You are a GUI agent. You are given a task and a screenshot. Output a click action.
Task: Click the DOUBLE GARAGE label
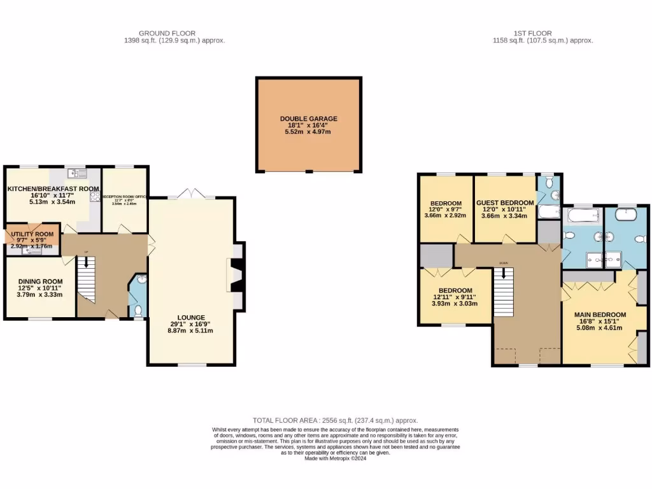tap(309, 118)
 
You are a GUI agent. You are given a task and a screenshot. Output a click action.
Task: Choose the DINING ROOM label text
tap(40, 281)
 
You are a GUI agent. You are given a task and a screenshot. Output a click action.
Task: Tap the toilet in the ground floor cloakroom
tap(139, 310)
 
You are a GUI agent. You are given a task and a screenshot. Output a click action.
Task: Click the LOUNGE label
tap(191, 317)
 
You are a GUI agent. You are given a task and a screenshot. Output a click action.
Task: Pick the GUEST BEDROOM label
tap(505, 202)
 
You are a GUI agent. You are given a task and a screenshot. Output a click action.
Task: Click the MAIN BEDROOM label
tap(600, 315)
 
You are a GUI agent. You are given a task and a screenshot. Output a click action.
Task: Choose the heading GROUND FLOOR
tap(167, 33)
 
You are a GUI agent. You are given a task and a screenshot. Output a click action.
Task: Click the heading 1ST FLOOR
tap(534, 33)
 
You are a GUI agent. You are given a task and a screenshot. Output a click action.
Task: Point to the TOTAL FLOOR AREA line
tap(335, 420)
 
